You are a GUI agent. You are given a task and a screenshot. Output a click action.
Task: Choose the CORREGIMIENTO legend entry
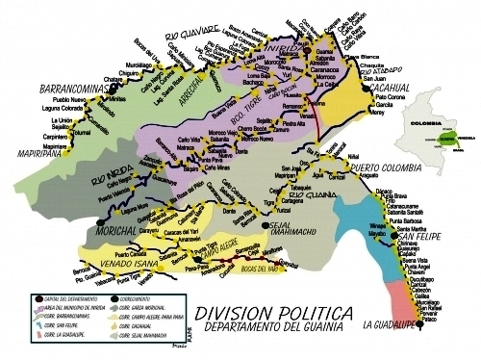(x=143, y=299)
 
